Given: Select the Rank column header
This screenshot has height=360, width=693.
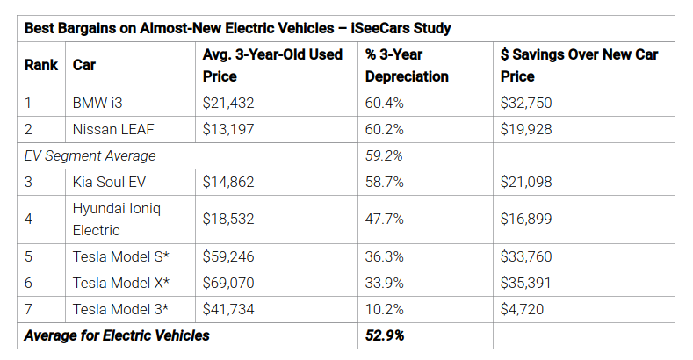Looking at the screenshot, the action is coord(41,65).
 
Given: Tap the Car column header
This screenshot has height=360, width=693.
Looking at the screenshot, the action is coord(84,65).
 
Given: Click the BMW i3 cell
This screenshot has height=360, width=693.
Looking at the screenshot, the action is coord(97,103).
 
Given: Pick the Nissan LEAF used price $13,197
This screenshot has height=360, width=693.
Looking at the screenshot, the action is coord(228,129).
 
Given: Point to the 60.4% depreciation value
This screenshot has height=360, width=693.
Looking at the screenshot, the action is coord(384,103).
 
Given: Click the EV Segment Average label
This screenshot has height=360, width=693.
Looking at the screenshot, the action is coord(90,156).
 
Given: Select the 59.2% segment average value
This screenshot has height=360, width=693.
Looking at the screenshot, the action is coord(384,156).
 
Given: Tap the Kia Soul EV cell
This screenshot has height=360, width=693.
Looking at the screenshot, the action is coord(109,182).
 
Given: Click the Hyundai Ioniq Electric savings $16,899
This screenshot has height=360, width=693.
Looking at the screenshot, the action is coord(526,220).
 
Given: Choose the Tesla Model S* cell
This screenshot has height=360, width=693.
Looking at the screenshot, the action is coord(120,256).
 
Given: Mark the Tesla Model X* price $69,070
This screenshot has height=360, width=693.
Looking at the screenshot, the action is coord(228,283).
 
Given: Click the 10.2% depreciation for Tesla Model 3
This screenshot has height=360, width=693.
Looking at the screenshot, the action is coord(384,309).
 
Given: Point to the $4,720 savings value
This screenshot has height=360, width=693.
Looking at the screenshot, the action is coord(522,309).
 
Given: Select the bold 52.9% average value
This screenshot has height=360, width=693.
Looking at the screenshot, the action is coord(385,335).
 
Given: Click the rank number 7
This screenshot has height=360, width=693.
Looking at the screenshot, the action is coord(28,309).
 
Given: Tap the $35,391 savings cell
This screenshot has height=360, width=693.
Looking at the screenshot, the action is coord(525,283).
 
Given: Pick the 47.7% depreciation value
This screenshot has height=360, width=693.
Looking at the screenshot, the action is coord(384,220).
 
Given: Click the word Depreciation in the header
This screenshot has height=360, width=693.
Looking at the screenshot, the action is coord(407,76).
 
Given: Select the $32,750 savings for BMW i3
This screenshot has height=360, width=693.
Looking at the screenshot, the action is coord(526,103).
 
